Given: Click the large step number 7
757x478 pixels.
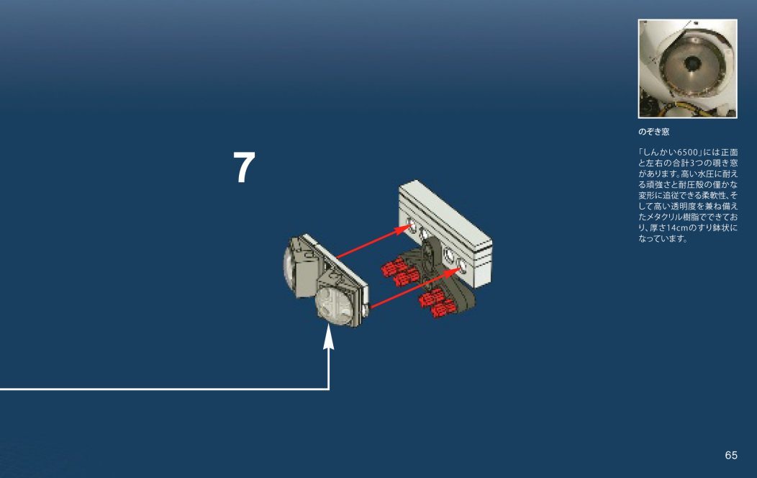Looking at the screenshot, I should point(245,169).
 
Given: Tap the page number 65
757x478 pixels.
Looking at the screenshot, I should point(731,455).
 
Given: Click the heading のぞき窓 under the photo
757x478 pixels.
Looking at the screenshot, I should point(653,132).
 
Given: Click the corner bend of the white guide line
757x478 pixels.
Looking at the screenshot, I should point(329,389).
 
